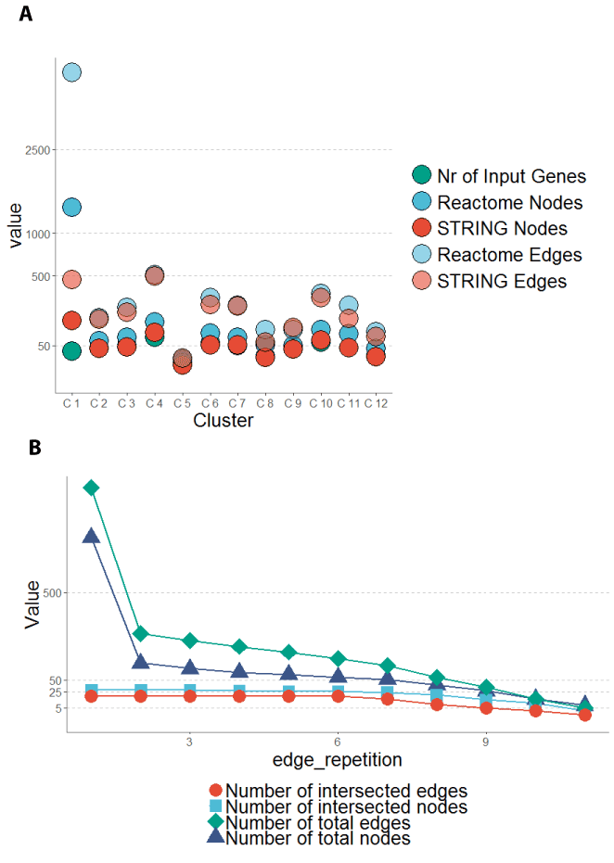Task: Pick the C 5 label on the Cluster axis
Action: [182, 403]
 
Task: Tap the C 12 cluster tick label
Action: [375, 403]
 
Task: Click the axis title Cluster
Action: [224, 421]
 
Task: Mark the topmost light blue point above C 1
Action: [71, 72]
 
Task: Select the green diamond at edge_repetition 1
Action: [91, 488]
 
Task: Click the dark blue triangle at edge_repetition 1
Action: [91, 535]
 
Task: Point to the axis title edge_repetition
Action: [337, 760]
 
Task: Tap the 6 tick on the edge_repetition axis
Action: [338, 742]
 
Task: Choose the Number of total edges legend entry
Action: [318, 823]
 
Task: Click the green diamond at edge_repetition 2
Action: [141, 634]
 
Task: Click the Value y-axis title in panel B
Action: [32, 603]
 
